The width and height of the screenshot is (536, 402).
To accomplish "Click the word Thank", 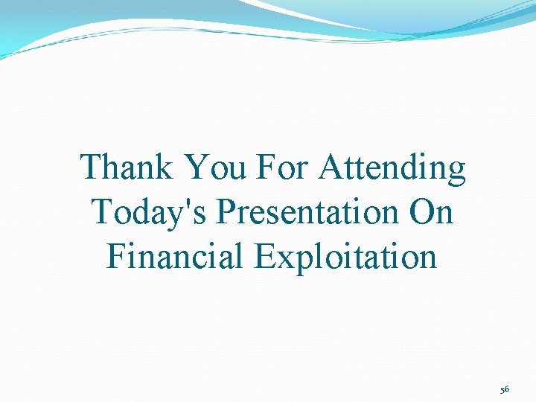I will tap(127, 167).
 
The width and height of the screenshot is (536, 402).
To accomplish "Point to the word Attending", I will tap(392, 169).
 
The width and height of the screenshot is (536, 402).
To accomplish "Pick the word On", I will tap(431, 212).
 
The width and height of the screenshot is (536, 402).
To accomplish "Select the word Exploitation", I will tap(345, 257).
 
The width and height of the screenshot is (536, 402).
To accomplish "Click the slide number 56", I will tap(505, 389).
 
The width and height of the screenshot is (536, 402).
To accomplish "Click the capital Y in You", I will tap(196, 167).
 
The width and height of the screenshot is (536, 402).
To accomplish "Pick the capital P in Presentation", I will tap(226, 212).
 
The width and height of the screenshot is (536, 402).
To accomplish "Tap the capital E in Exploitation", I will tap(264, 256).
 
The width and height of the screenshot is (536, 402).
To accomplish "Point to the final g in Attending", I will tap(456, 173).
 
